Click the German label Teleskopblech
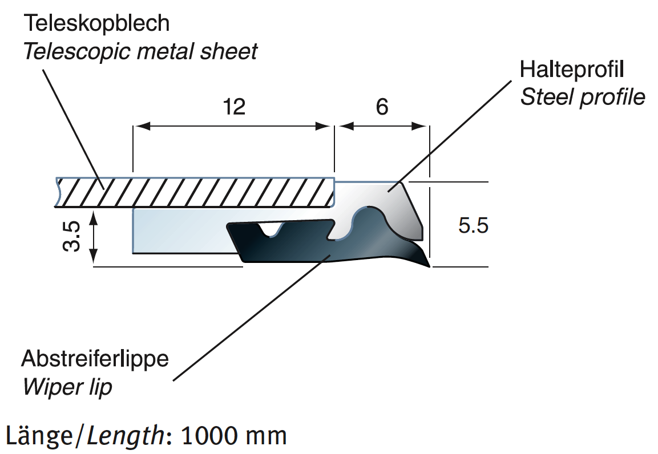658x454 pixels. tap(96, 23)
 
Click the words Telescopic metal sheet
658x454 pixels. tap(140, 52)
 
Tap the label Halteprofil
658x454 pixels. tap(571, 70)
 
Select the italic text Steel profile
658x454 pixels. tap(583, 97)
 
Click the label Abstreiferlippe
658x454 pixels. tap(95, 359)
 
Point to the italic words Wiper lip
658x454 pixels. tap(67, 387)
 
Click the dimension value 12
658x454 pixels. tap(234, 107)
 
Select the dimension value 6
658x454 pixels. tap(382, 107)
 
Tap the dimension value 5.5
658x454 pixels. tap(473, 226)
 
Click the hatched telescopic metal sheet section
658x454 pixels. tap(194, 193)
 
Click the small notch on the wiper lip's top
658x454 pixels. tap(272, 231)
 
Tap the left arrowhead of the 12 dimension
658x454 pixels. tap(139, 126)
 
